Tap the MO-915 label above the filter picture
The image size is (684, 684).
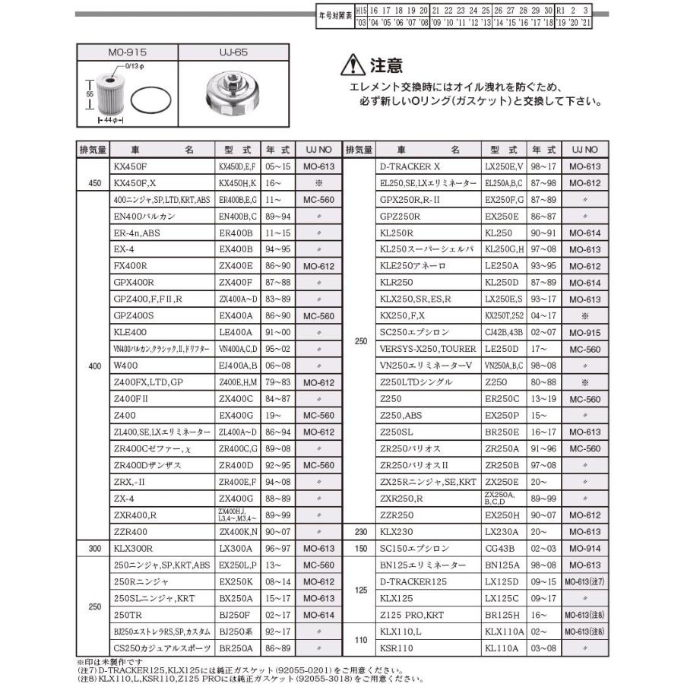point(126,52)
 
